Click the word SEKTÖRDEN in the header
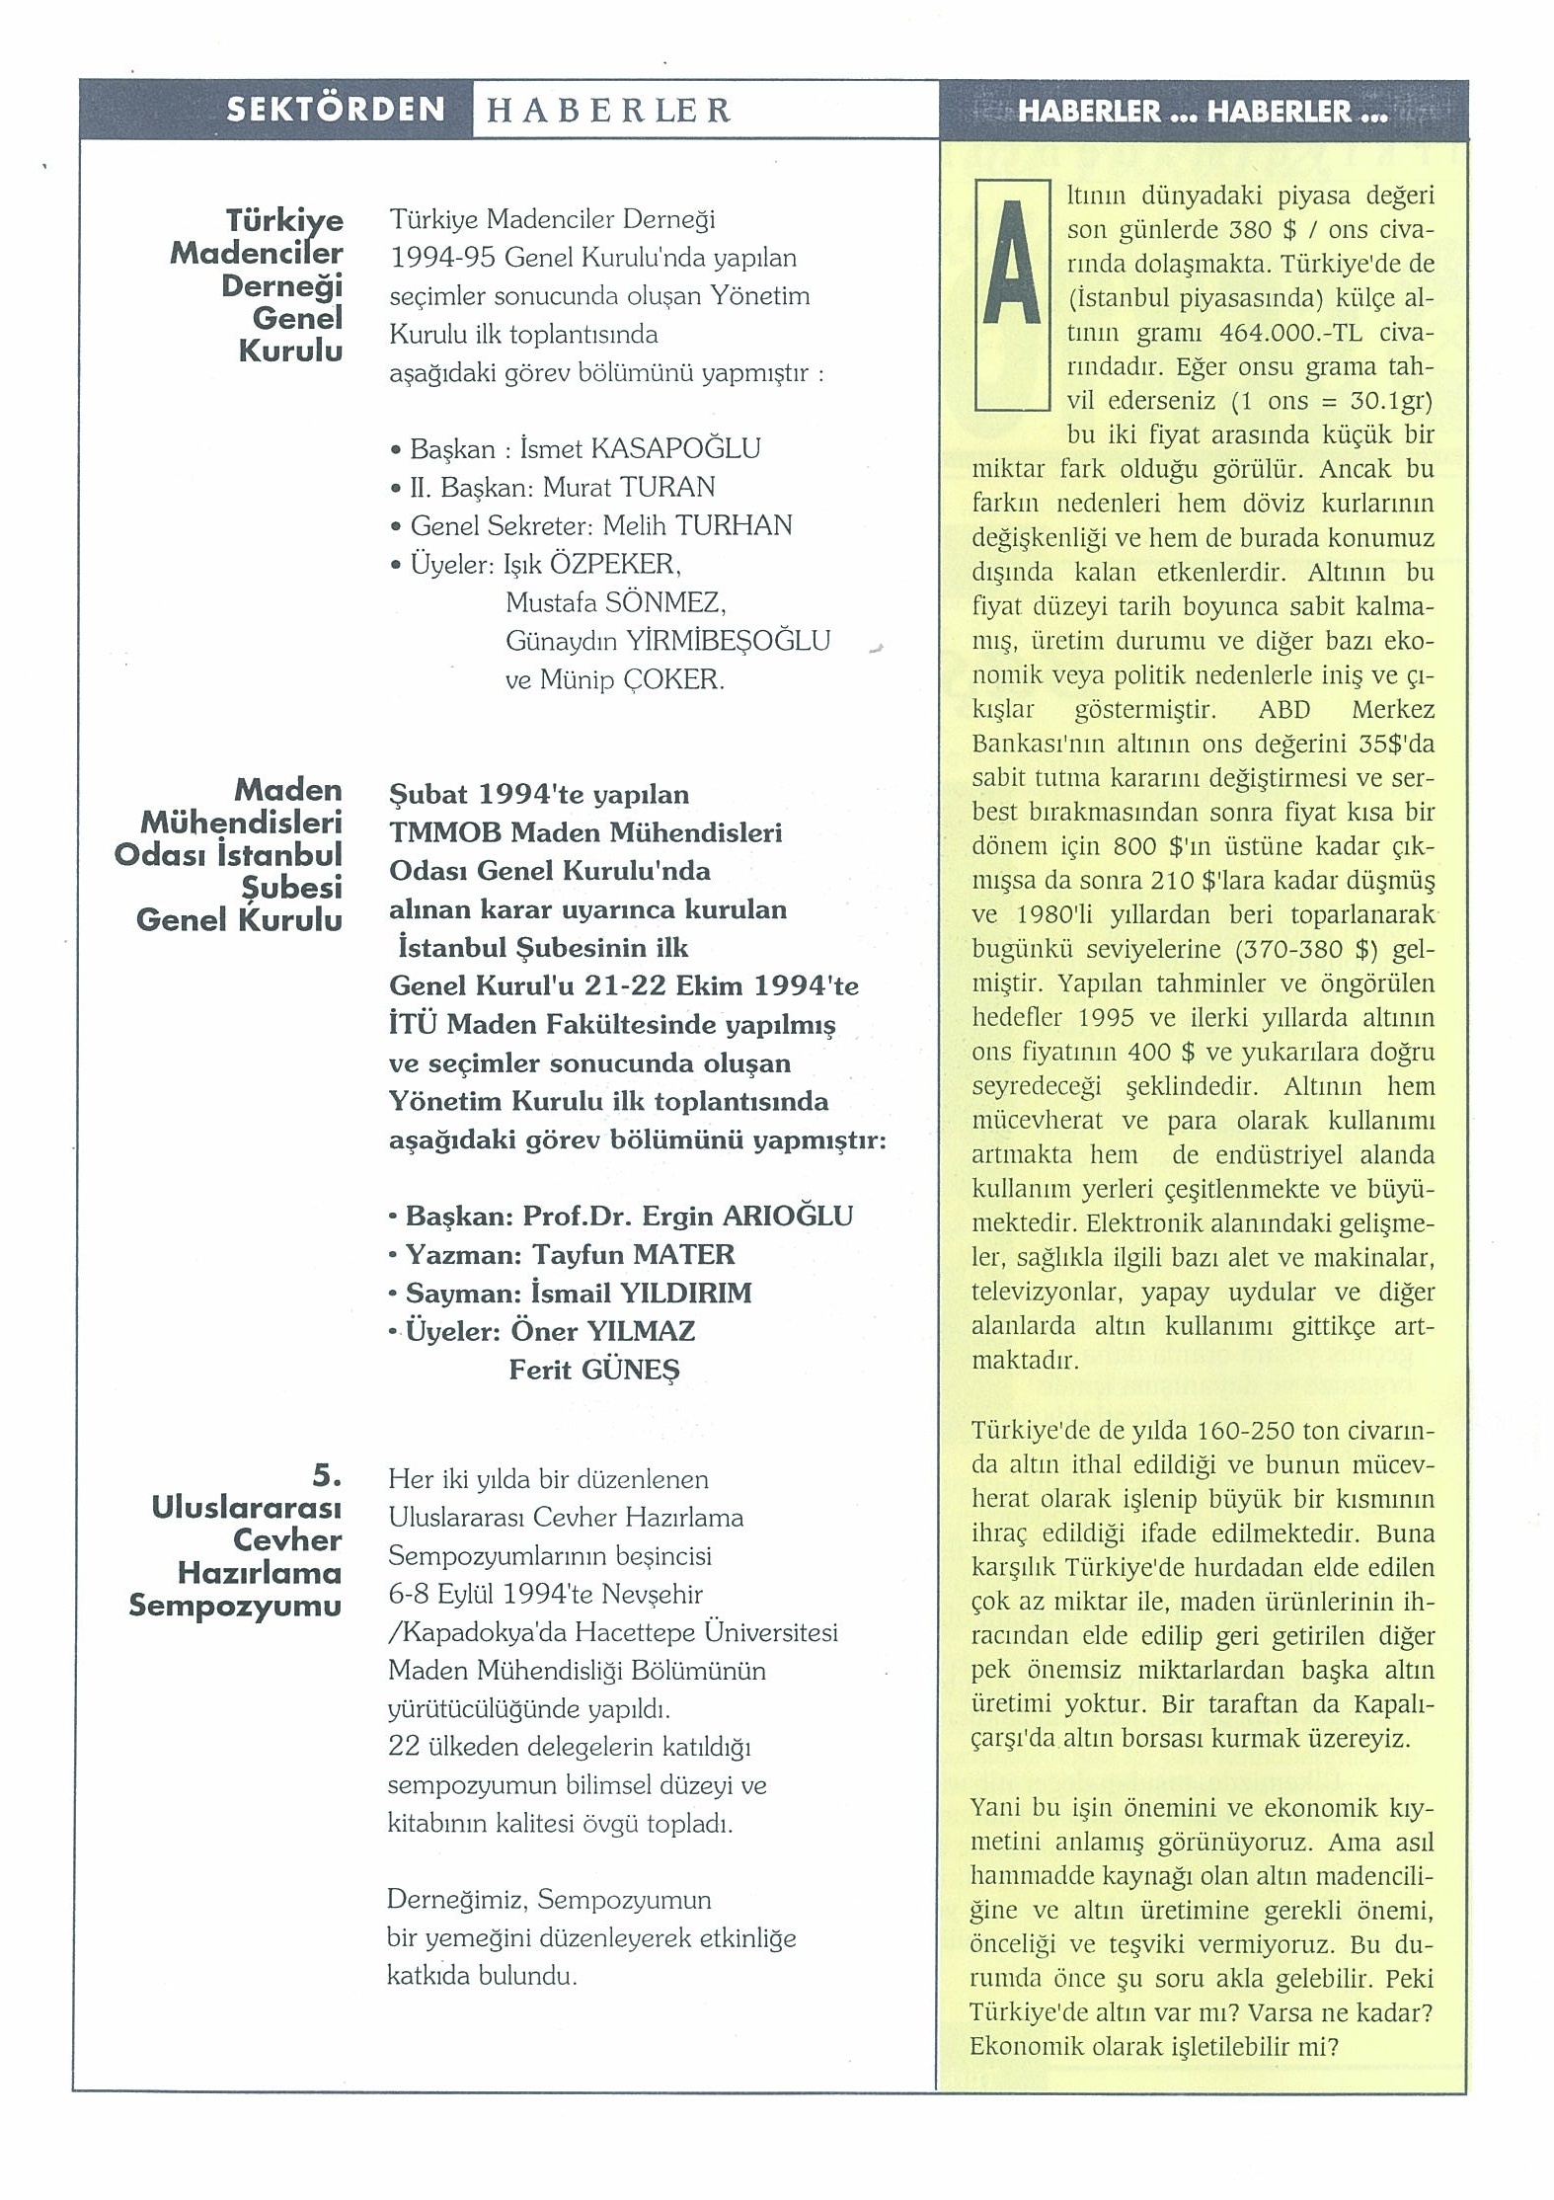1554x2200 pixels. [336, 109]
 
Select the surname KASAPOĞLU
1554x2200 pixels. [675, 449]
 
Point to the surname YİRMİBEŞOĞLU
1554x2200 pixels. [728, 641]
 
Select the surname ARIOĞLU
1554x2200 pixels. [788, 1217]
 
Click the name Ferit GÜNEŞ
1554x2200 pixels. [594, 1370]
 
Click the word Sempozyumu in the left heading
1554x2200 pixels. [235, 1606]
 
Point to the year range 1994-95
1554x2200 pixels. [443, 258]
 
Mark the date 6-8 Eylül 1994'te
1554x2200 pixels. [492, 1594]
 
